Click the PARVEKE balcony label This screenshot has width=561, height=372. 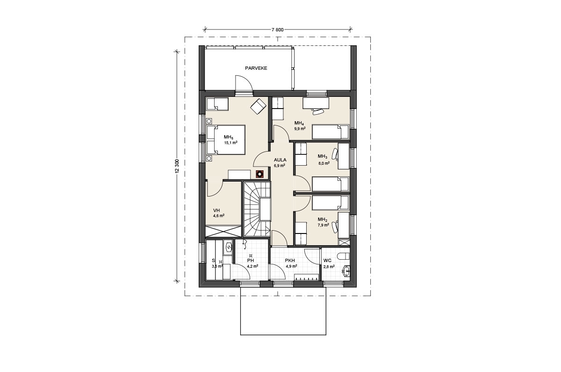pyautogui.click(x=256, y=68)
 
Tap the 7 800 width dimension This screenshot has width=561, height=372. pyautogui.click(x=278, y=30)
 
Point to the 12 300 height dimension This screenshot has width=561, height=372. pyautogui.click(x=178, y=166)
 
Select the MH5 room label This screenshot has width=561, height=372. pyautogui.click(x=229, y=138)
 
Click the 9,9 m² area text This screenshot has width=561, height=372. pyautogui.click(x=300, y=129)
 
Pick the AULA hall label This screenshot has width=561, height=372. pyautogui.click(x=280, y=160)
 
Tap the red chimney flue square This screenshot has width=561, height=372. pyautogui.click(x=260, y=174)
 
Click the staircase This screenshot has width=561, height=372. pyautogui.click(x=258, y=209)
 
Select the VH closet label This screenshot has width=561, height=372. pyautogui.click(x=216, y=210)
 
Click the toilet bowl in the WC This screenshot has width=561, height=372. pyautogui.click(x=343, y=256)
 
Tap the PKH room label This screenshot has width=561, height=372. pyautogui.click(x=290, y=261)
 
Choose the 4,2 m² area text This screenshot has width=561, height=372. pyautogui.click(x=252, y=266)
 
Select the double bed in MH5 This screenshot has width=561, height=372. pyautogui.click(x=226, y=139)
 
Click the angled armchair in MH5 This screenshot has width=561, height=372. pyautogui.click(x=258, y=107)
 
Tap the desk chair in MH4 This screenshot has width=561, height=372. pyautogui.click(x=317, y=111)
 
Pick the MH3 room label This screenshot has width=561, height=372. pyautogui.click(x=323, y=157)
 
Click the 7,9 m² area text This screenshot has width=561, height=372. pyautogui.click(x=324, y=225)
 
